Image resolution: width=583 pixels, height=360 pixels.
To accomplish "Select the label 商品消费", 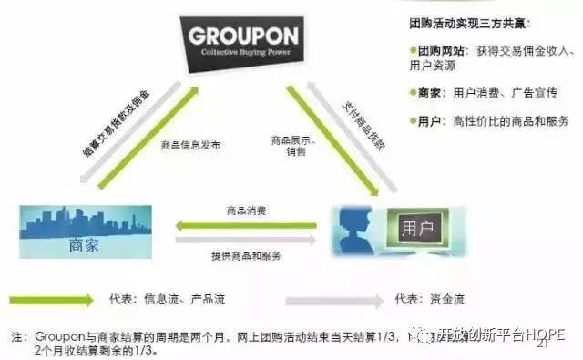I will pos(246,211).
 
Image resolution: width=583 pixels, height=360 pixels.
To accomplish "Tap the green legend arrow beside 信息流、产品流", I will pos(51,298).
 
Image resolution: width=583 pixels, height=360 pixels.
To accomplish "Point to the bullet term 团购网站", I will pos(443,51).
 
